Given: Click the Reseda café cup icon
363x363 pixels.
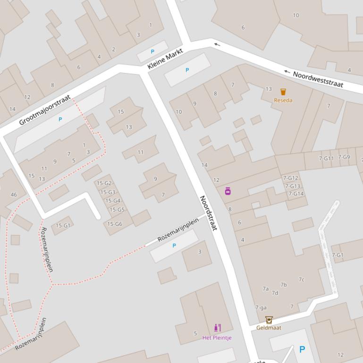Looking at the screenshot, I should tap(283, 92).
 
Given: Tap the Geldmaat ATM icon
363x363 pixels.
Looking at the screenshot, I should tap(269, 320).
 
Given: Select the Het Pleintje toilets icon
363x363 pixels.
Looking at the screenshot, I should tap(217, 328).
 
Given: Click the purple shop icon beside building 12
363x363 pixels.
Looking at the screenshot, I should tap(228, 191).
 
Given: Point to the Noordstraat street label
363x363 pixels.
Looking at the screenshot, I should tap(208, 213).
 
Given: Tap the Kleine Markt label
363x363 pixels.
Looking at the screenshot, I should tap(165, 59).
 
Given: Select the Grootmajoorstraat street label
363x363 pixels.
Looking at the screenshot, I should tap(45, 110).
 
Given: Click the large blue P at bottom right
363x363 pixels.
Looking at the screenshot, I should tap(302, 349).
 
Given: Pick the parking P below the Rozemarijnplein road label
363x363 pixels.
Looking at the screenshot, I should tap(174, 246).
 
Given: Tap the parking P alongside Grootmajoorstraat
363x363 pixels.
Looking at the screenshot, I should tap(60, 119).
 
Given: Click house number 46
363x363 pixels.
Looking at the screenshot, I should tap(14, 194).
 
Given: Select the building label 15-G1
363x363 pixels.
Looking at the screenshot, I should tap(63, 226).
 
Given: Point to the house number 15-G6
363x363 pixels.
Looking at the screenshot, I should tap(115, 224).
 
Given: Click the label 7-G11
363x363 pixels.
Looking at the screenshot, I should tap(326, 158).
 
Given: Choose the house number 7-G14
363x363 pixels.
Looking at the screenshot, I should tap(296, 194).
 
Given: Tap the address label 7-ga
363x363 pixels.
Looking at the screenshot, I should tap(261, 308).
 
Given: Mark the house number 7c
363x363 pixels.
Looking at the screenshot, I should tap(301, 280).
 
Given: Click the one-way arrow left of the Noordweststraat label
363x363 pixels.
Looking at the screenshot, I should tap(287, 72).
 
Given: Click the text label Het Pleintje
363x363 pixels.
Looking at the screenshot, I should tap(217, 338).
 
